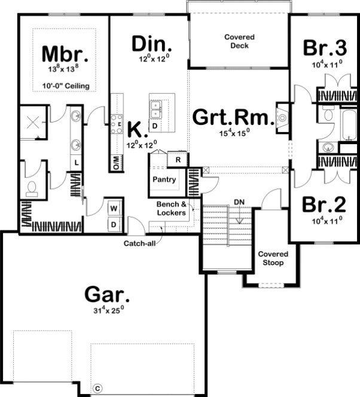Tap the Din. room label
[152, 44]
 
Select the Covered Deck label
[239, 41]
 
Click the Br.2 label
[323, 204]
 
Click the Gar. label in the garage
[106, 295]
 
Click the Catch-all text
[141, 243]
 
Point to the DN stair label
[239, 201]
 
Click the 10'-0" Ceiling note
[66, 86]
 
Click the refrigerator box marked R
[178, 160]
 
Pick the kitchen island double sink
[156, 109]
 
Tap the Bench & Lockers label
[172, 208]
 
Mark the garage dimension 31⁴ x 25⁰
[106, 312]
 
